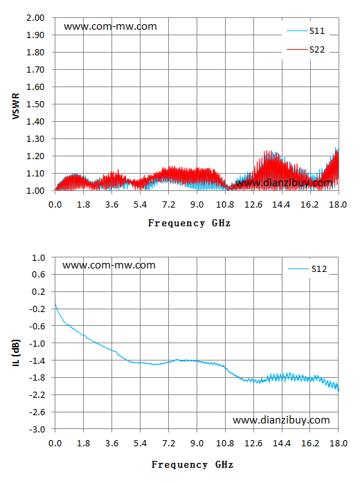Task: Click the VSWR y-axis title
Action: pyautogui.click(x=16, y=106)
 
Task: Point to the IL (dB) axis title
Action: pyautogui.click(x=16, y=353)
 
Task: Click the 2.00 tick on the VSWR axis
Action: pyautogui.click(x=35, y=18)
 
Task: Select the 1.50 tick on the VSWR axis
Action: pyautogui.click(x=35, y=104)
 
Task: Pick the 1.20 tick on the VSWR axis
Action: pyautogui.click(x=35, y=156)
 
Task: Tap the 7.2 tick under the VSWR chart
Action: pyautogui.click(x=169, y=205)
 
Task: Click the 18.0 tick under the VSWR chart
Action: pyautogui.click(x=338, y=205)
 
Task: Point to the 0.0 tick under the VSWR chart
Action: pyautogui.click(x=55, y=205)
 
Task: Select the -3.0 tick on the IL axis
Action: pyautogui.click(x=37, y=429)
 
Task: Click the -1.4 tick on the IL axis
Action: pyautogui.click(x=37, y=361)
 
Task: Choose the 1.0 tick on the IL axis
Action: pyautogui.click(x=39, y=257)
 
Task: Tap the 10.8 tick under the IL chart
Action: pyautogui.click(x=225, y=444)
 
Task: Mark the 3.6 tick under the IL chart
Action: pyautogui.click(x=111, y=444)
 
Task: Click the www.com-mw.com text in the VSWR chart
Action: pyautogui.click(x=110, y=26)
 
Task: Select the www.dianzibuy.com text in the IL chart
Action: pyautogui.click(x=281, y=420)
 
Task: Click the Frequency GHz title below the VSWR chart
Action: pyautogui.click(x=189, y=223)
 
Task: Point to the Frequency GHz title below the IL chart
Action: pyautogui.click(x=192, y=464)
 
